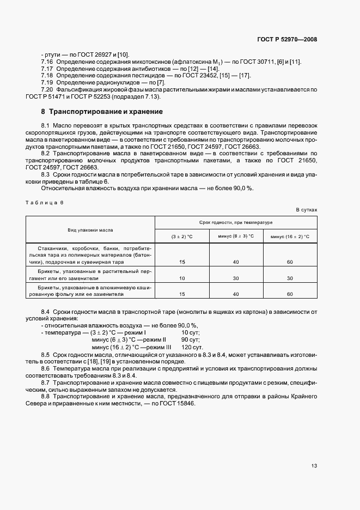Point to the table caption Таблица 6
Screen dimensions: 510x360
[x=45, y=202]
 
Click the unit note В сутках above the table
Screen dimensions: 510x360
[x=306, y=209]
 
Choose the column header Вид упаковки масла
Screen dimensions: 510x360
[x=90, y=230]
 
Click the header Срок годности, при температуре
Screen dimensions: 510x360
[x=236, y=223]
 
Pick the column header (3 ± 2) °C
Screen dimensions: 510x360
[x=182, y=236]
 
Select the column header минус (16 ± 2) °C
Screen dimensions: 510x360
[x=290, y=236]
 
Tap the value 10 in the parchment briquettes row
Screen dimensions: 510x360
[x=182, y=278]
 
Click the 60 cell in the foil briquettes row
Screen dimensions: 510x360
[x=290, y=294]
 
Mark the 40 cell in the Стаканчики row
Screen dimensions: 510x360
[x=236, y=262]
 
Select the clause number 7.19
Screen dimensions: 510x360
[x=47, y=82]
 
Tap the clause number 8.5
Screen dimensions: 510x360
[x=46, y=354]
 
